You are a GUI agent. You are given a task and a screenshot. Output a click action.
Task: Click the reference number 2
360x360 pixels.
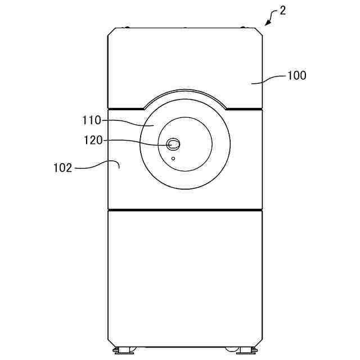(282, 11)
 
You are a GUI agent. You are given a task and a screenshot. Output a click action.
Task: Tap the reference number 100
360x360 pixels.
(297, 75)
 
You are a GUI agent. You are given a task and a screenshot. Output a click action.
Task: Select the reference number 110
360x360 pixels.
(92, 120)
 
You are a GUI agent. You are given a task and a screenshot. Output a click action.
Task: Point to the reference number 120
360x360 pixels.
(93, 140)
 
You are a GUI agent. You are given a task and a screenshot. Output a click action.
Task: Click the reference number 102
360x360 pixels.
(62, 168)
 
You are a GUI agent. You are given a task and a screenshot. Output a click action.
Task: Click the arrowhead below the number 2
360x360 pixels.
(268, 22)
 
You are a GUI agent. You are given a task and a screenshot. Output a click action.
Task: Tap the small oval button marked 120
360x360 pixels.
(173, 145)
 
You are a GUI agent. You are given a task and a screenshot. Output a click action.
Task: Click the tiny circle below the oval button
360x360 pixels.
(173, 159)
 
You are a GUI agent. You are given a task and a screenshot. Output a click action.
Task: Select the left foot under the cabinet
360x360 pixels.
(124, 350)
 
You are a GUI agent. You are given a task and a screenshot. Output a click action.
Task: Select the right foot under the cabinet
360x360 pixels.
(246, 350)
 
